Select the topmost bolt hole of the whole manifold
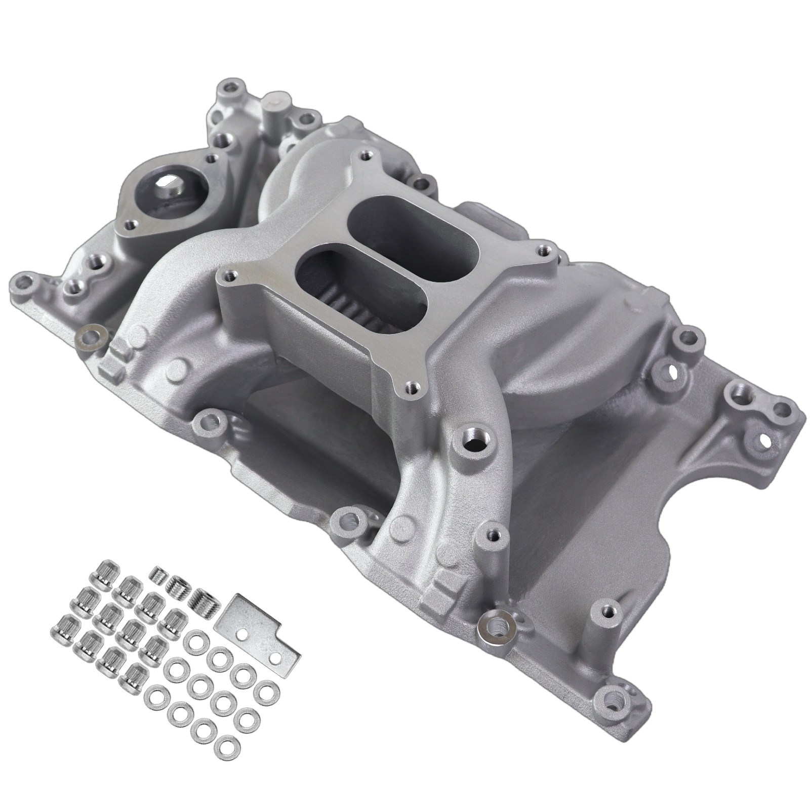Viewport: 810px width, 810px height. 230,84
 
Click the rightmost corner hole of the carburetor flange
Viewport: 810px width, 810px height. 544,249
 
